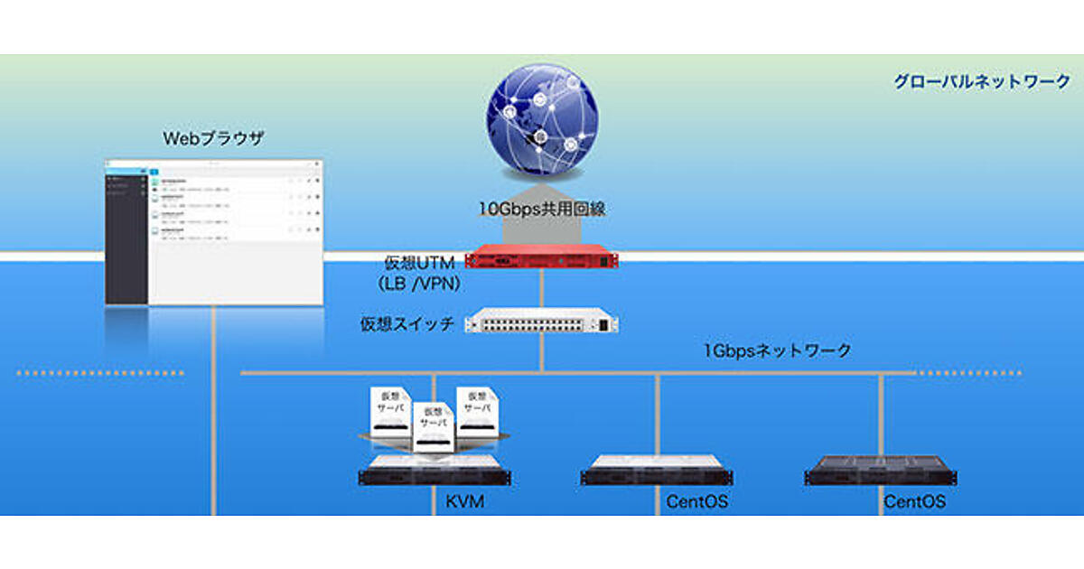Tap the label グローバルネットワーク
[x=981, y=81]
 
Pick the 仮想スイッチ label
[x=406, y=323]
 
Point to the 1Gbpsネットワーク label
[x=778, y=350]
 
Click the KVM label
[x=465, y=501]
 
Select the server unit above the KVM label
[x=435, y=474]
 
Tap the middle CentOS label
[x=696, y=501]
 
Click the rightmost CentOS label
[x=914, y=501]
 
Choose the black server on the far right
[x=881, y=471]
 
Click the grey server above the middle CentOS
[x=657, y=471]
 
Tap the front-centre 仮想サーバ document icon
[x=435, y=427]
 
